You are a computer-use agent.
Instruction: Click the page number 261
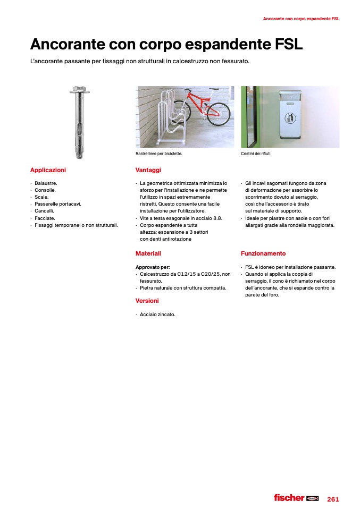click(x=333, y=499)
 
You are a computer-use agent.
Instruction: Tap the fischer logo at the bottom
click(x=296, y=498)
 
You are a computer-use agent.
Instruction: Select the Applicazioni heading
click(x=48, y=170)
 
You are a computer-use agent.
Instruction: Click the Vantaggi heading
click(x=148, y=170)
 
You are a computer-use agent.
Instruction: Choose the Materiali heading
click(x=148, y=253)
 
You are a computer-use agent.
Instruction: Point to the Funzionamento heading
click(x=263, y=253)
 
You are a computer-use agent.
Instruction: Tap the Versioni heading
click(x=147, y=301)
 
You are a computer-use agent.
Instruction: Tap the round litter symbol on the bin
click(x=290, y=117)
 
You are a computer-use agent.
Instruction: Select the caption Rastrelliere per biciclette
click(x=159, y=154)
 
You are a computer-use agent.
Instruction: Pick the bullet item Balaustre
click(x=46, y=183)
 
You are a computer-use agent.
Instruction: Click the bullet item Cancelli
click(x=45, y=211)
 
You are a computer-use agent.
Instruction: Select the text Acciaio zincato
click(x=157, y=315)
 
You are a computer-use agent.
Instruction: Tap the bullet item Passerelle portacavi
click(x=57, y=204)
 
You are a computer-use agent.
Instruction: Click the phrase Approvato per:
click(x=153, y=267)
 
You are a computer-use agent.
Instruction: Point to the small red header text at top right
click(x=301, y=19)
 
